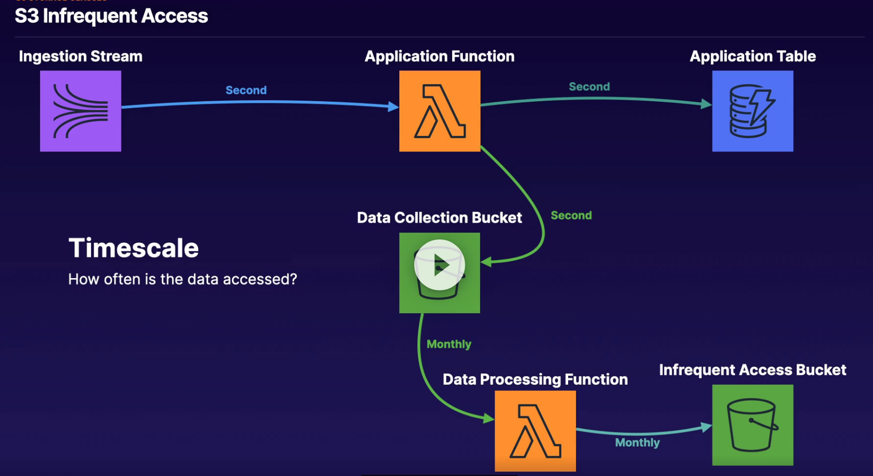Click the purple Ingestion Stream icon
tap(81, 111)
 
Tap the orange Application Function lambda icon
tap(439, 111)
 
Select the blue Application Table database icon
tap(753, 111)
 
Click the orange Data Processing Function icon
tap(535, 431)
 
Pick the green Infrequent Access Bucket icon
tap(753, 425)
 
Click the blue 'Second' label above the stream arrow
tap(246, 90)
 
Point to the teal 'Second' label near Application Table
tap(589, 87)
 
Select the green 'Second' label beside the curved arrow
tap(571, 216)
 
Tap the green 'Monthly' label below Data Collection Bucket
tap(449, 344)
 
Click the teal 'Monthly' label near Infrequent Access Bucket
tap(637, 443)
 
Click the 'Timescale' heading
tap(134, 248)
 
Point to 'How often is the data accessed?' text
tap(183, 279)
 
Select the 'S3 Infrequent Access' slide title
tap(112, 16)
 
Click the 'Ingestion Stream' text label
tap(81, 56)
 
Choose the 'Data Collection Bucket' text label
tap(439, 217)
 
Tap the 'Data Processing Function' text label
tap(535, 379)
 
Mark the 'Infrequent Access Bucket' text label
tap(753, 370)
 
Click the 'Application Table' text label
tap(753, 56)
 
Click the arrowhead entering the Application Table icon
tap(706, 104)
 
